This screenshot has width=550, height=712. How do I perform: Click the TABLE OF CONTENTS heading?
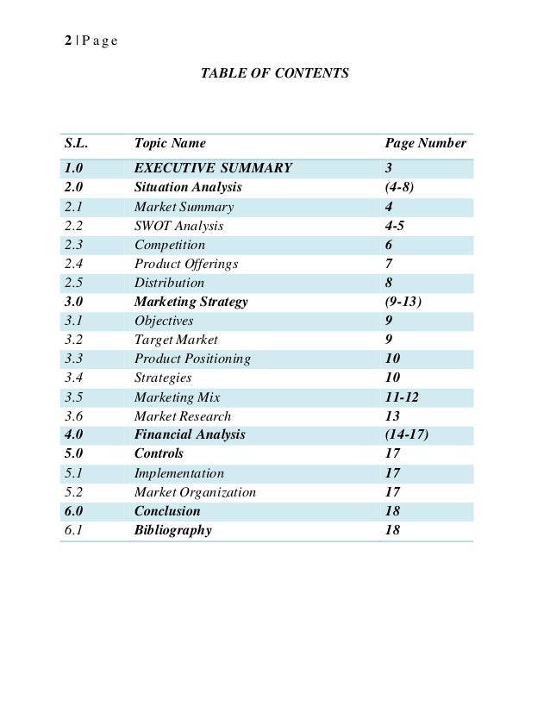(x=274, y=74)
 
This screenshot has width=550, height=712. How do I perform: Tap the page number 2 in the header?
(x=68, y=41)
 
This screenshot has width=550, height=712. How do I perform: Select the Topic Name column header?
(x=170, y=144)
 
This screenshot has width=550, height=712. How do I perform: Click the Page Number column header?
(x=425, y=144)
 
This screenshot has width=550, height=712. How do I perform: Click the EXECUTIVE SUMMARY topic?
(x=213, y=168)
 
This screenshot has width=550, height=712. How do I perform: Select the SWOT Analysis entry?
(x=178, y=226)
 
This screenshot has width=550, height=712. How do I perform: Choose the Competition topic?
(x=170, y=245)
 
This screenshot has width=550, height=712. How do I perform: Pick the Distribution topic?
(x=169, y=283)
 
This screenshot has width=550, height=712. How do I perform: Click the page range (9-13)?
(x=408, y=302)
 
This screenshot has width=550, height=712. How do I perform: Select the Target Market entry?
(x=176, y=340)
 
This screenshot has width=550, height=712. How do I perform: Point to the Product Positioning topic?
(x=192, y=359)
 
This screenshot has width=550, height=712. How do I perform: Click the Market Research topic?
(x=183, y=416)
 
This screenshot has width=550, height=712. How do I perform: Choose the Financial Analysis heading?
(x=190, y=435)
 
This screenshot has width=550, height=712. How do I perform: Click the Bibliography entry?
(x=172, y=530)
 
